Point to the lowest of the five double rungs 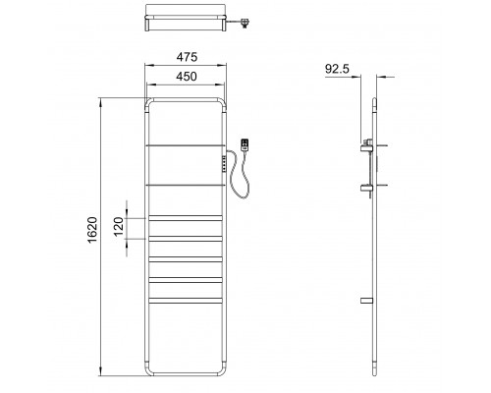(x=184, y=300)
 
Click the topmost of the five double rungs (x=184, y=217)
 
